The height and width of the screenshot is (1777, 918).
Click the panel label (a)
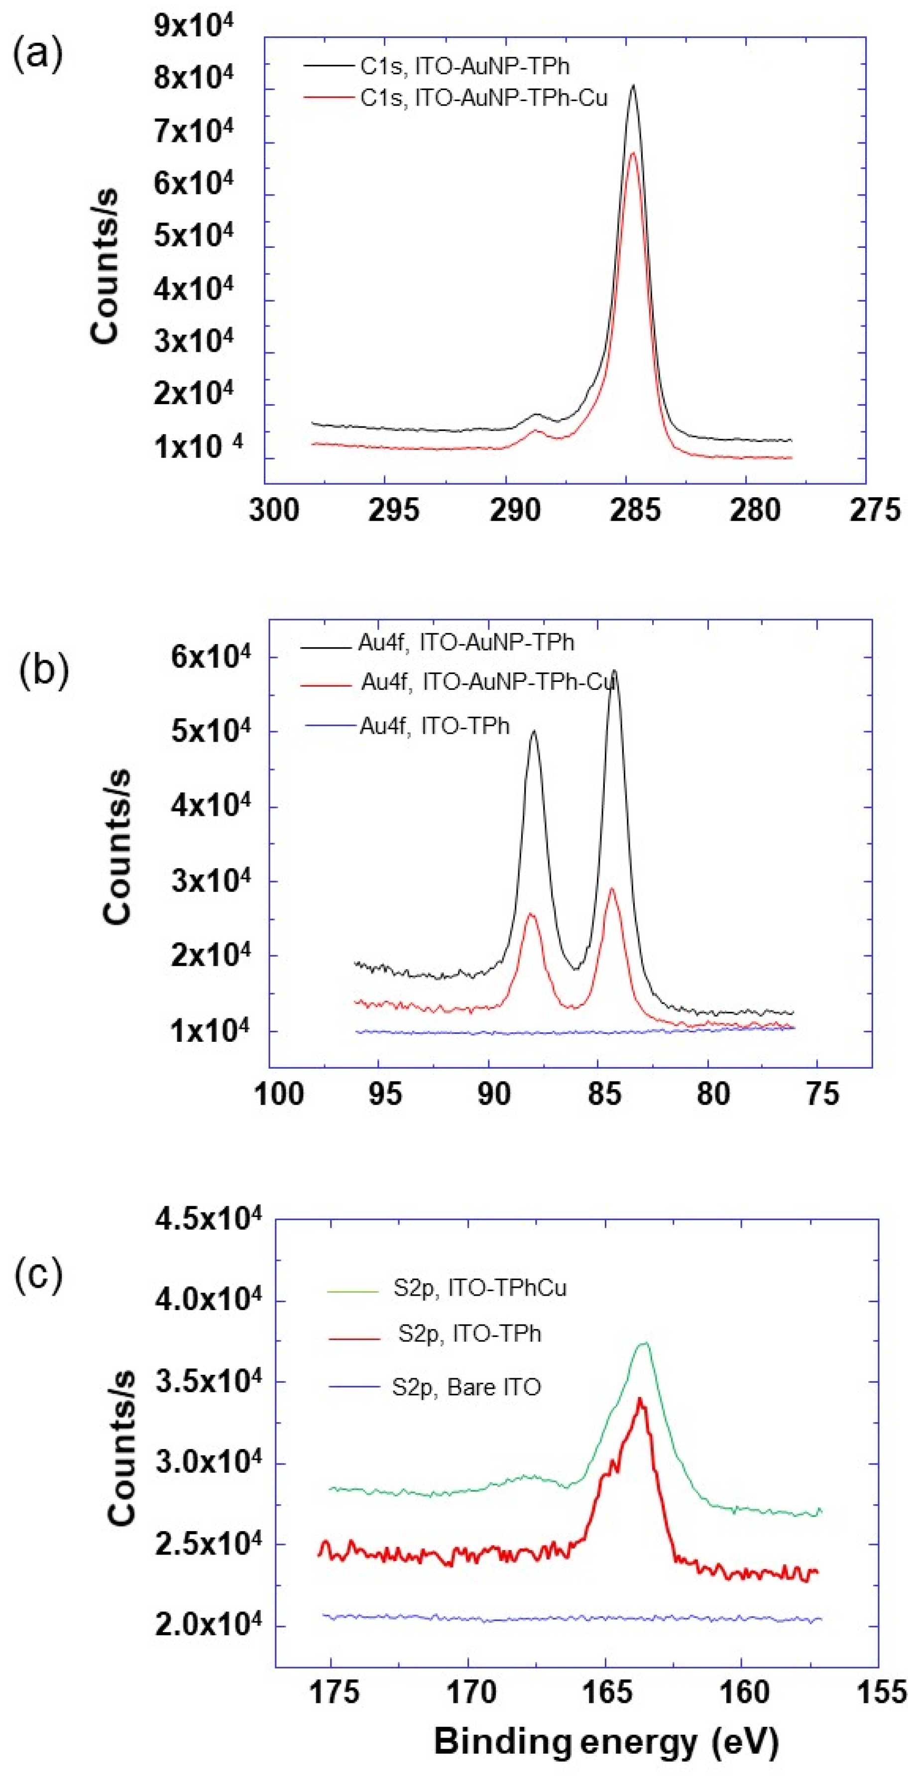click(38, 54)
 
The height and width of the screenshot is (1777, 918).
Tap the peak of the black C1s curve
click(632, 86)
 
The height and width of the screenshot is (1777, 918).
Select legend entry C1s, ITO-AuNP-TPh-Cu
click(483, 99)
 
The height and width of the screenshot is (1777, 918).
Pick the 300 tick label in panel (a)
click(274, 511)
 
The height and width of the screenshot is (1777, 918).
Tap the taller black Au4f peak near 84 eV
click(614, 671)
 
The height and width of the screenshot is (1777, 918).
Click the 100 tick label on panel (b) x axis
click(279, 1094)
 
